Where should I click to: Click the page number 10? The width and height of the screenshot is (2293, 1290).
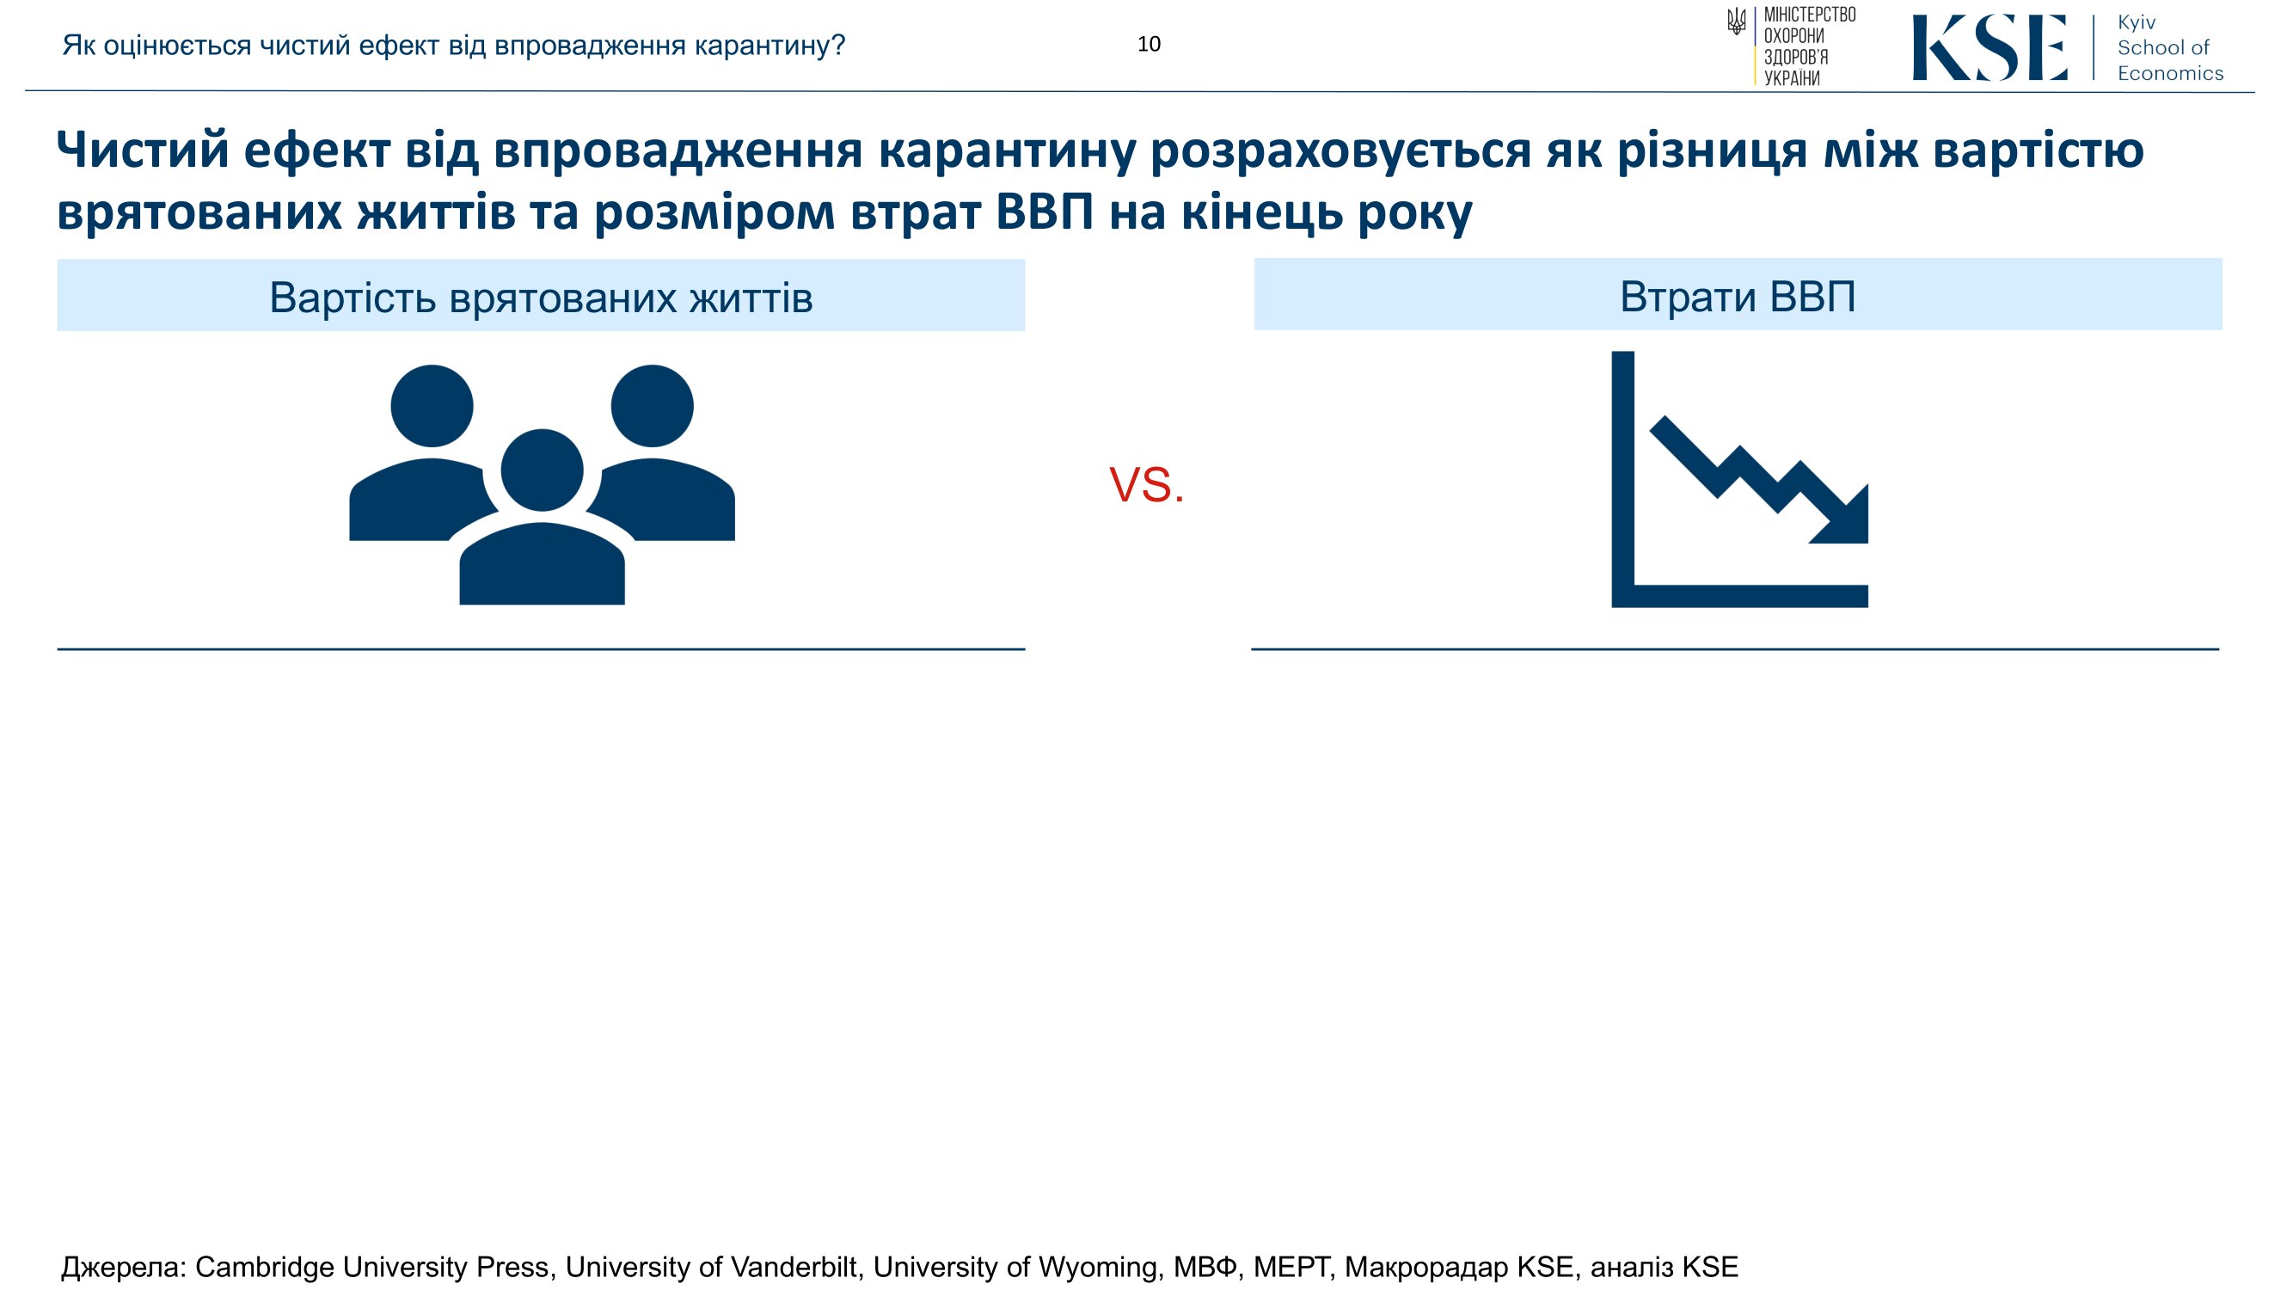coord(1149,45)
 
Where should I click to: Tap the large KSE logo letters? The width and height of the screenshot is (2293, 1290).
coord(1989,48)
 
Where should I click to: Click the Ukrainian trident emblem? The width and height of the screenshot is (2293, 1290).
coord(1735,21)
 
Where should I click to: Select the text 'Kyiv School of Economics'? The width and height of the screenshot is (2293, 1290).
coord(2169,48)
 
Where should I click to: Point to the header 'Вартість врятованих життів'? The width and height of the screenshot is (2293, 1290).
coord(541,298)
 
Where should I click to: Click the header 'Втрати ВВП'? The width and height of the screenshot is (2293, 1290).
coord(1738,297)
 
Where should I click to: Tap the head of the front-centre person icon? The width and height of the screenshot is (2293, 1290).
coord(543,470)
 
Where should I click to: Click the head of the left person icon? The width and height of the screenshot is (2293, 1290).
coord(432,406)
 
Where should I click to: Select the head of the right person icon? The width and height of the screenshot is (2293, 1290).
coord(652,406)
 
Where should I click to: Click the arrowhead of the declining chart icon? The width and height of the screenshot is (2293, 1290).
coord(1846,520)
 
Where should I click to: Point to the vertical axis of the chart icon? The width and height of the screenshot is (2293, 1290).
coord(1622,479)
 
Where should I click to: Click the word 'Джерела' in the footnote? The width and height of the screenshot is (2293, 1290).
coord(123,1267)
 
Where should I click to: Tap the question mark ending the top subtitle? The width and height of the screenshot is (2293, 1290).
coord(836,45)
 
